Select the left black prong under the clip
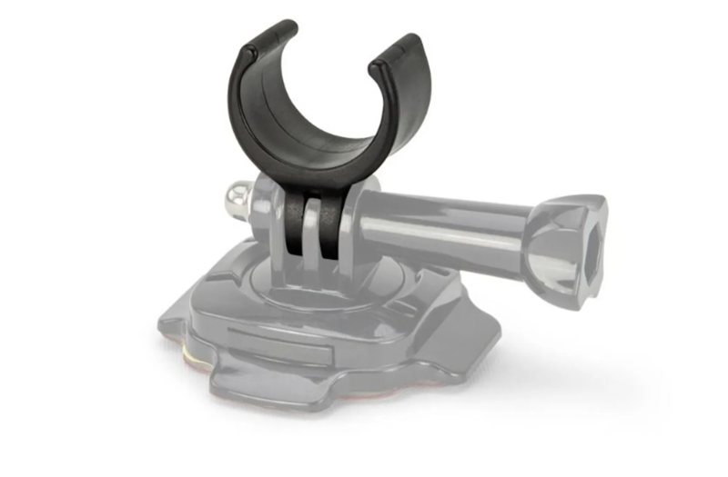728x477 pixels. [293, 223]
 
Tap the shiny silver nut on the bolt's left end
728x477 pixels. [235, 197]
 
